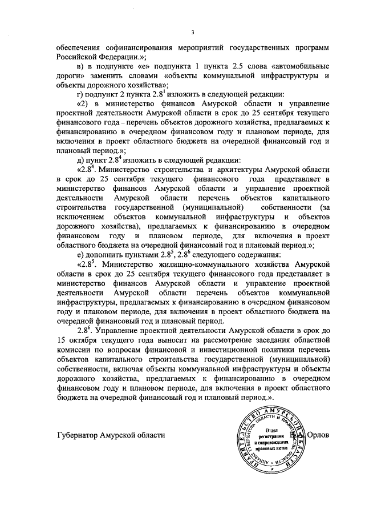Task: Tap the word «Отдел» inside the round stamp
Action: [271, 429]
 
